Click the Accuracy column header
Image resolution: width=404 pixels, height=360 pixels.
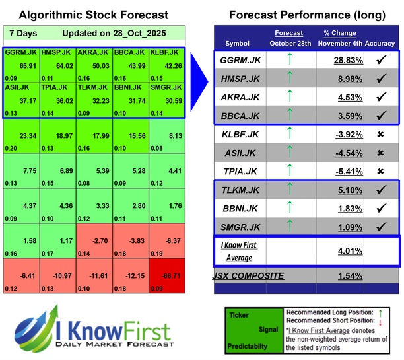pos(380,43)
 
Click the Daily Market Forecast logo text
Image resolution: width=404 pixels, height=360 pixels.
pos(115,344)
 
